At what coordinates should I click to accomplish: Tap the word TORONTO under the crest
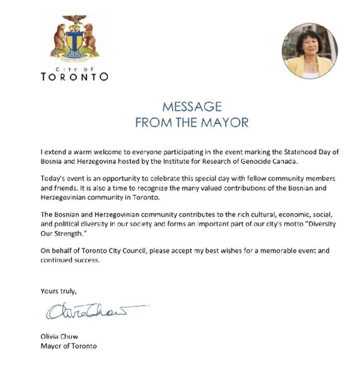click(x=75, y=76)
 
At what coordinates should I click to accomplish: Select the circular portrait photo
click(x=309, y=51)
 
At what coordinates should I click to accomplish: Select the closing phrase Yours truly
click(x=58, y=291)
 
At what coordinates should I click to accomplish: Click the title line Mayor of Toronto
click(x=69, y=346)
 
